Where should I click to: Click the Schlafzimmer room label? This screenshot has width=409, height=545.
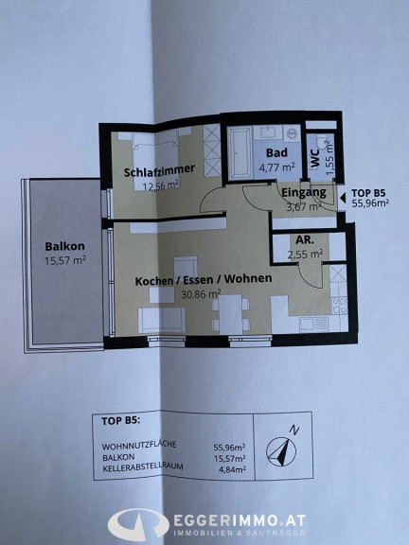(x=159, y=170)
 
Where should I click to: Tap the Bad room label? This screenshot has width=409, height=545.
(x=276, y=152)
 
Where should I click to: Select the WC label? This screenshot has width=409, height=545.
(x=315, y=160)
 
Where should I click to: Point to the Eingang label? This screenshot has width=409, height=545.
(x=304, y=192)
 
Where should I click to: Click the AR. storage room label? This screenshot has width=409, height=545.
(x=305, y=239)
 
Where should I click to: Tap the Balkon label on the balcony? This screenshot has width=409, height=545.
(x=64, y=246)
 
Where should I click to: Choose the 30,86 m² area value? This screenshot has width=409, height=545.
(x=201, y=294)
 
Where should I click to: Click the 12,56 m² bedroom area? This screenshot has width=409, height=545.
(x=160, y=185)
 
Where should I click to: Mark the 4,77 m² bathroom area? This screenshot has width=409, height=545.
(x=276, y=167)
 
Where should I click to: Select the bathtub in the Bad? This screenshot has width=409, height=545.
(x=240, y=153)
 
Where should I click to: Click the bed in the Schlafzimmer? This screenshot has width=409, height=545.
(x=155, y=159)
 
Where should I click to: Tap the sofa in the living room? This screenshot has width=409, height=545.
(x=162, y=320)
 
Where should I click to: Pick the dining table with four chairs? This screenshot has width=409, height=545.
(x=231, y=314)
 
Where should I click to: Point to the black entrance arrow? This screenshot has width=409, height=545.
(x=343, y=198)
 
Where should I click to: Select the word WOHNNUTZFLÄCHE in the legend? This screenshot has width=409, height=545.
(x=139, y=445)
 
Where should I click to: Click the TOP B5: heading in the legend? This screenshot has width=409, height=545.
(x=120, y=421)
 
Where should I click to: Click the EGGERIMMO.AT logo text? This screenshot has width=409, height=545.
(x=240, y=521)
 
